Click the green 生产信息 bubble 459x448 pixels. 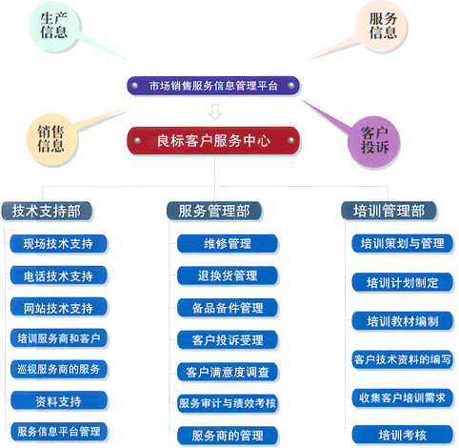coord(54,26)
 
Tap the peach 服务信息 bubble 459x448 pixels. coord(382,26)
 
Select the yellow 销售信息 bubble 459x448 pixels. coord(52,139)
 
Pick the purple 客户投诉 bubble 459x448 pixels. coord(374,141)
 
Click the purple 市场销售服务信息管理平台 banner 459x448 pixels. coord(213,86)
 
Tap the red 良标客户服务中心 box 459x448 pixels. coord(213,140)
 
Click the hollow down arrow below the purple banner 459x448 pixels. coord(215,112)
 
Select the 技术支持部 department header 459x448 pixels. coord(47,211)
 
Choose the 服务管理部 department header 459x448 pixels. coord(214,211)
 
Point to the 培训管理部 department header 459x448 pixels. coord(389,211)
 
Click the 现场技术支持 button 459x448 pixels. coord(58,244)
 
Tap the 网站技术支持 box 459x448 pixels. coord(58,307)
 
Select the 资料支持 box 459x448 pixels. coord(58,401)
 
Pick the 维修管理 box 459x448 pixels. coord(228,244)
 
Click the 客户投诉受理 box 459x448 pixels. coord(228,340)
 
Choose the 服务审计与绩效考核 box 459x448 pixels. coord(228,403)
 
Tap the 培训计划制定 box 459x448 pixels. coord(403,282)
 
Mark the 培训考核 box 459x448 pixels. coord(403,435)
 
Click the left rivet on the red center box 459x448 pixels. coord(137,140)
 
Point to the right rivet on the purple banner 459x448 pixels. coord(290,86)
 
